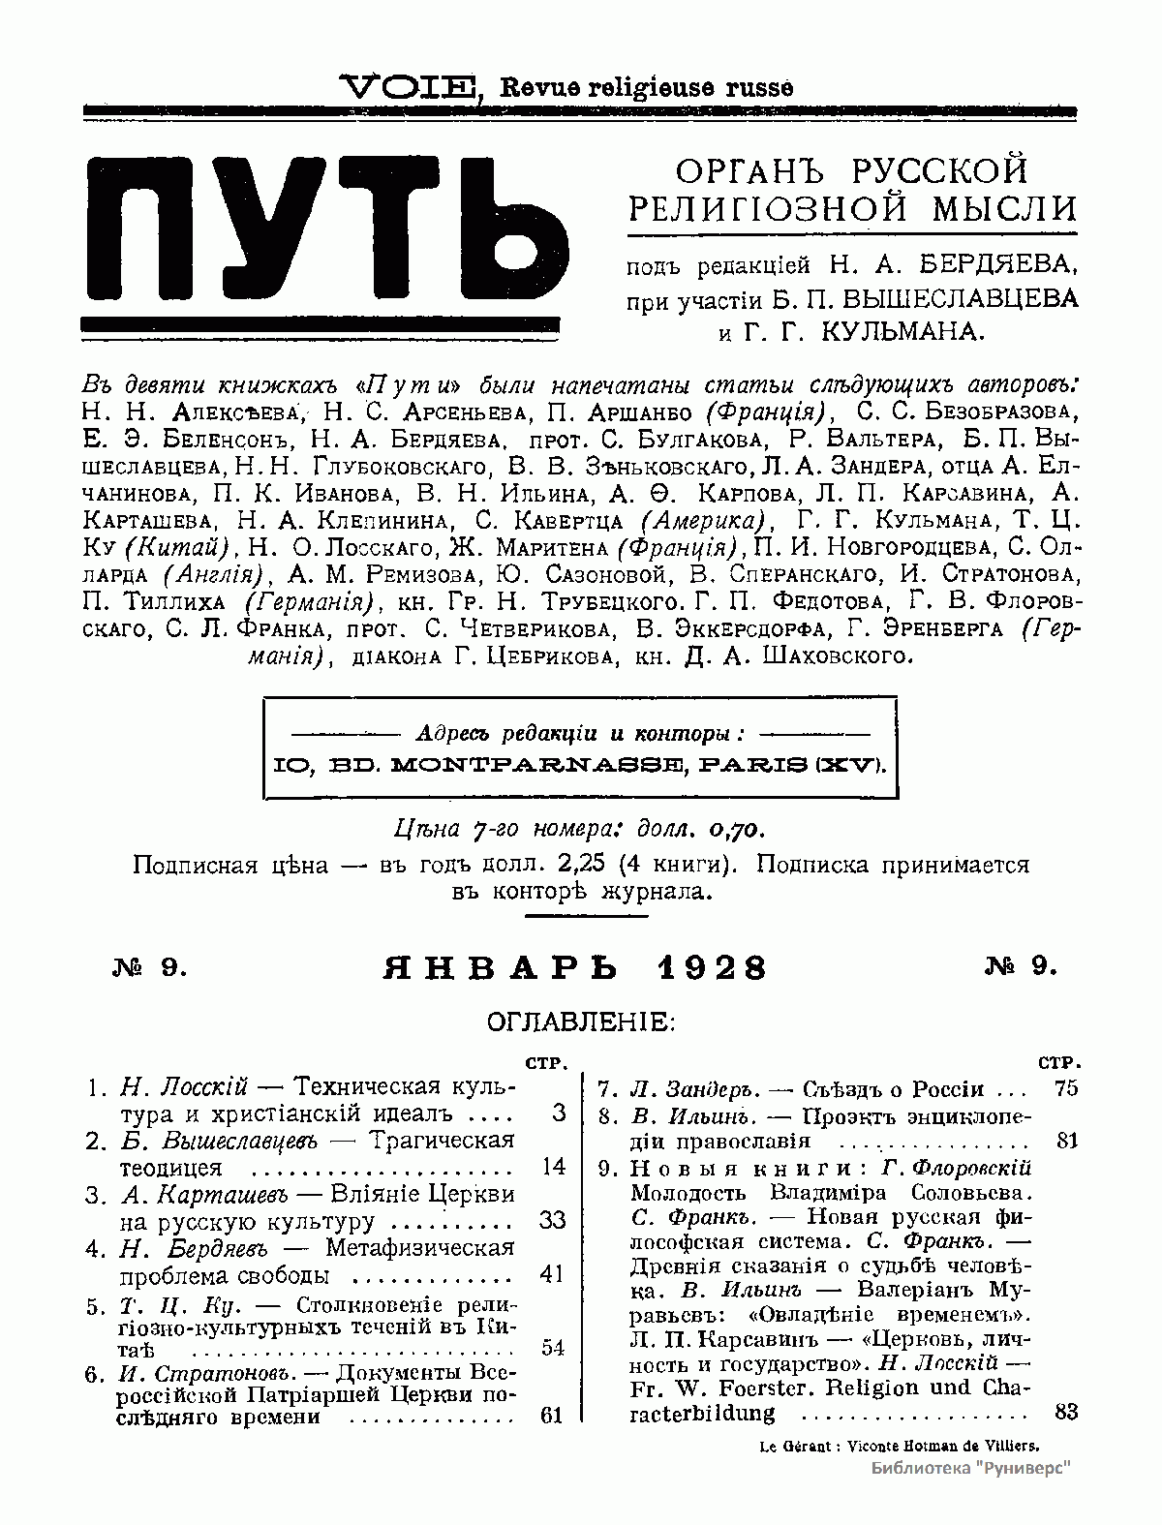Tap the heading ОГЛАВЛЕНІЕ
pos(580,1022)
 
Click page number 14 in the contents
pos(553,1166)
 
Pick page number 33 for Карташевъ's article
pos(552,1220)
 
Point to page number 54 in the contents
pos(552,1348)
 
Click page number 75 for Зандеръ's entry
pos(1065,1088)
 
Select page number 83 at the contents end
pos(1065,1412)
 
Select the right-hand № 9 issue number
pos(1021,965)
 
